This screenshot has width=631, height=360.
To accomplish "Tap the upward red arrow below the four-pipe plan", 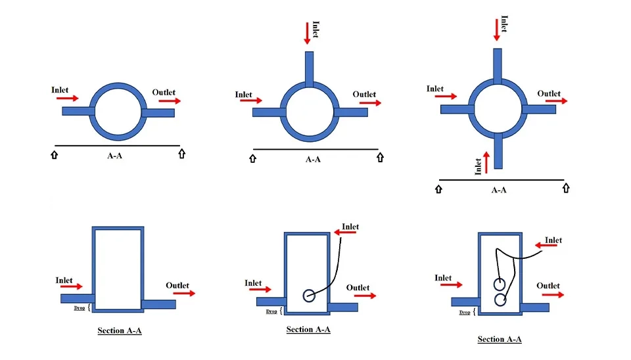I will tap(486, 162).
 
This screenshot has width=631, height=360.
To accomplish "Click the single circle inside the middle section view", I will tap(309, 296).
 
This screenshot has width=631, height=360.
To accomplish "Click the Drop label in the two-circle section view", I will tap(465, 313).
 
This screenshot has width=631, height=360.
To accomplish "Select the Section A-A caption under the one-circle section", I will tap(308, 329).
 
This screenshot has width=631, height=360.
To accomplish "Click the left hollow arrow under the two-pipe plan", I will tap(53, 154).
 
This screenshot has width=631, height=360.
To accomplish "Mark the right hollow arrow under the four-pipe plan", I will tap(566, 188).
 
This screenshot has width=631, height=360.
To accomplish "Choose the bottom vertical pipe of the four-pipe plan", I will tap(500, 150).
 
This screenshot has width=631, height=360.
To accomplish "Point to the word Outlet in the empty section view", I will tap(177, 285).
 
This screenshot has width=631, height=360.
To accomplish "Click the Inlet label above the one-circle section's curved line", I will tap(350, 227).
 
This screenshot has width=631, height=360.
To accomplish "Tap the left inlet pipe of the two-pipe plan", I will tap(78, 111).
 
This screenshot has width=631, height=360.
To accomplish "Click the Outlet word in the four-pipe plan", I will tap(549, 93).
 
